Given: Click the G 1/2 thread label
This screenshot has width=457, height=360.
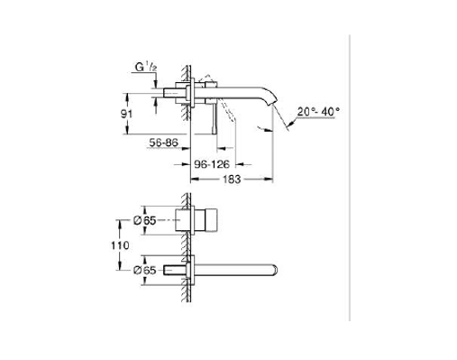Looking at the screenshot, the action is (146, 68).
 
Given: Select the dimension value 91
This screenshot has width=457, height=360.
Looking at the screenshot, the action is (126, 114).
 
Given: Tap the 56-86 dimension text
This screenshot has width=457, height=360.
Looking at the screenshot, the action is (164, 143).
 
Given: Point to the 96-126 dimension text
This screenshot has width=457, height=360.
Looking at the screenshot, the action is (212, 164).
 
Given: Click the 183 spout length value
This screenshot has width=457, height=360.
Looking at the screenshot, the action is (232, 180).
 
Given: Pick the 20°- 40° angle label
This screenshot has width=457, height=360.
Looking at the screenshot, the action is (318, 112).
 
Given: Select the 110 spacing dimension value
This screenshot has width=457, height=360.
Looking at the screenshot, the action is (120, 245).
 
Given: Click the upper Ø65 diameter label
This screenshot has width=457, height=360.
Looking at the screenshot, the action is (145, 221).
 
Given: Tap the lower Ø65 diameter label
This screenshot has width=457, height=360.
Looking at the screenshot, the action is (145, 271).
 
